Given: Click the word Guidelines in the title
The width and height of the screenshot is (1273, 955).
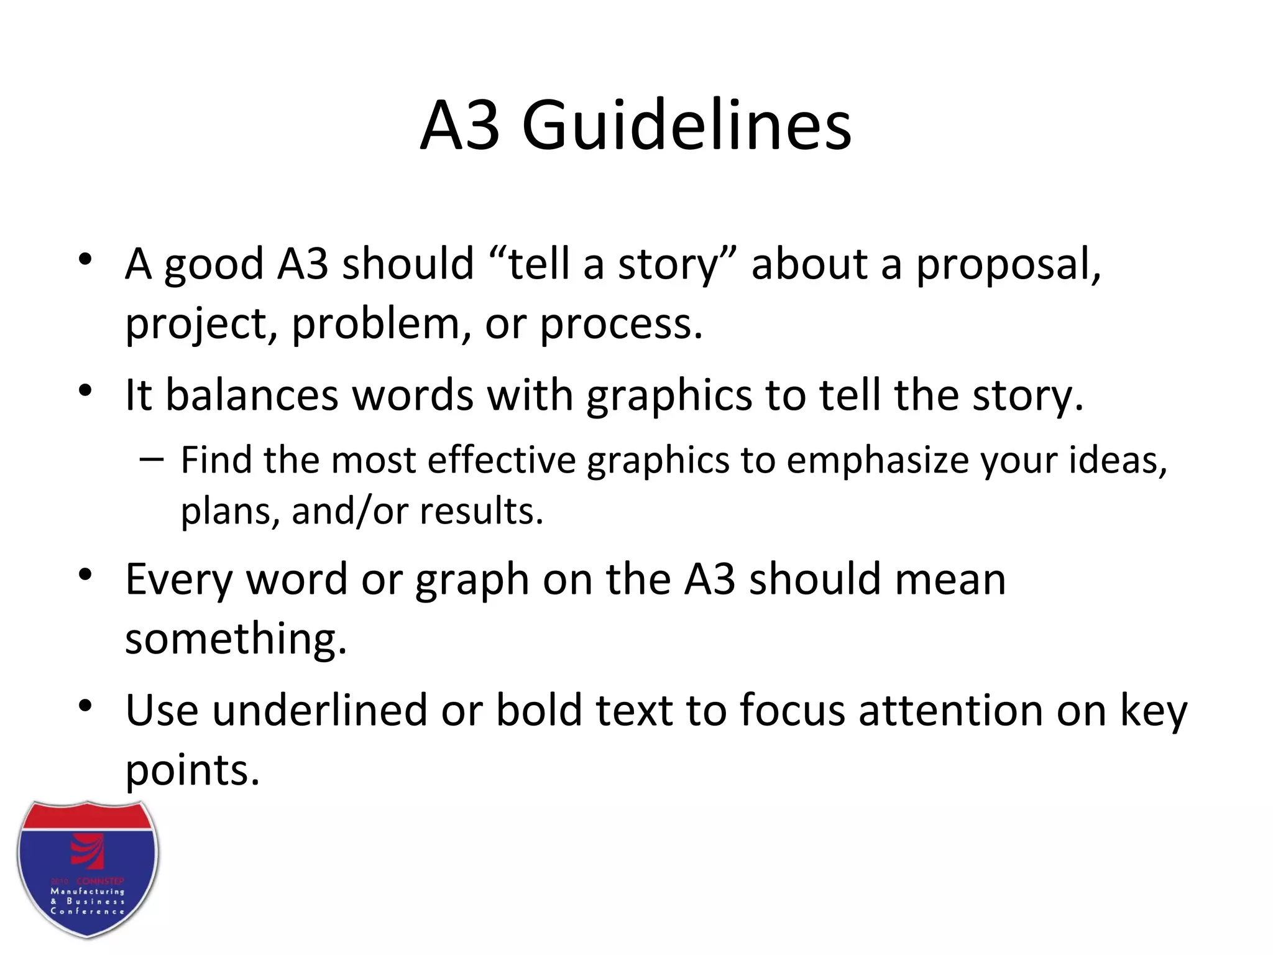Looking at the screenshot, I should tap(686, 127).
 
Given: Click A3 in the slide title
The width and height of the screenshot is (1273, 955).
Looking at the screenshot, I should tap(460, 127).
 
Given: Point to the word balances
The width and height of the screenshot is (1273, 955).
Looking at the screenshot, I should tap(252, 395).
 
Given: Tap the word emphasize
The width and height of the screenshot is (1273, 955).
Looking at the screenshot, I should tap(878, 461).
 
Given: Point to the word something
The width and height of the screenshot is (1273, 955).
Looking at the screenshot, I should tap(236, 639).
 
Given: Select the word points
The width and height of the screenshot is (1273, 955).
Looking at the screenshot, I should tap(192, 771).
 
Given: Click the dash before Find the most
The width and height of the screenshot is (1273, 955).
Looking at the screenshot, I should tap(152, 460).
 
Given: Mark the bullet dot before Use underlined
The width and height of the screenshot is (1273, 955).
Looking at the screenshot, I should tap(86, 706).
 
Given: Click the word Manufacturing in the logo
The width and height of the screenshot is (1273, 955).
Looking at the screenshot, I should tap(88, 892).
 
